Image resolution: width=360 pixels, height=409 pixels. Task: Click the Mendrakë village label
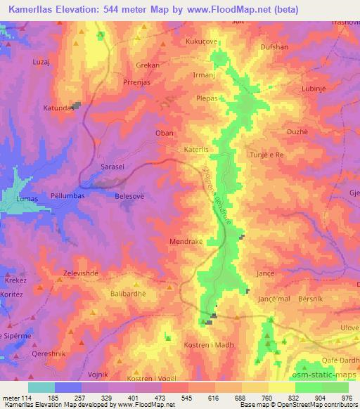point(187,241)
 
